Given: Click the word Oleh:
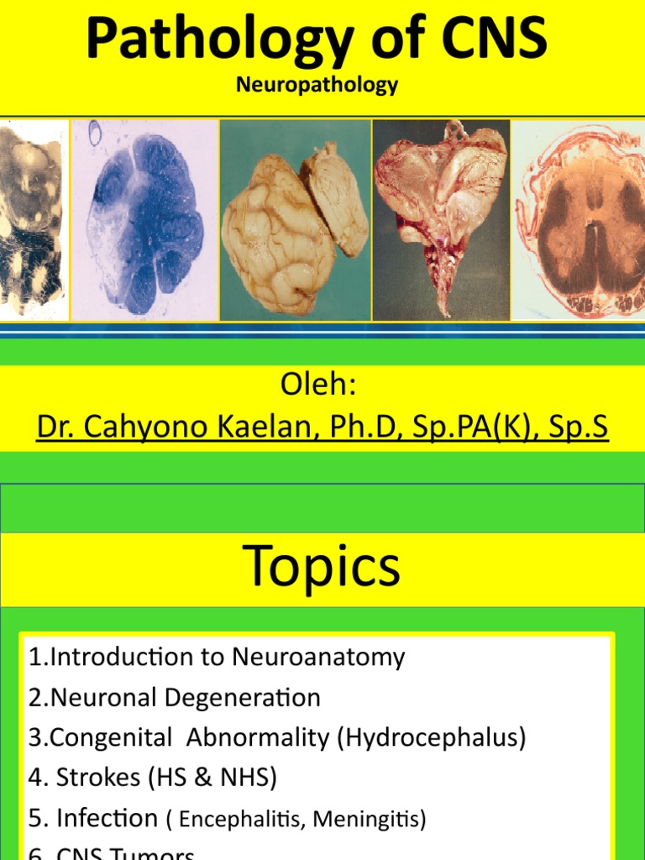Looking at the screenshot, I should [318, 387].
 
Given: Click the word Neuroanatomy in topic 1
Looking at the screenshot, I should [318, 657].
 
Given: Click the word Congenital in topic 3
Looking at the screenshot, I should [114, 737].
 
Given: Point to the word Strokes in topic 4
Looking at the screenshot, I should [98, 778].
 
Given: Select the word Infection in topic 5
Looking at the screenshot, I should [107, 818].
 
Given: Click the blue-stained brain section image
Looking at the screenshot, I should [144, 219].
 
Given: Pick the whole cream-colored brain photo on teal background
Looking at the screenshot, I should [295, 220].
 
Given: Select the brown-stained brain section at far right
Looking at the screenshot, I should [579, 220].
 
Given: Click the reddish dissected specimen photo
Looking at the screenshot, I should [441, 219].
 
